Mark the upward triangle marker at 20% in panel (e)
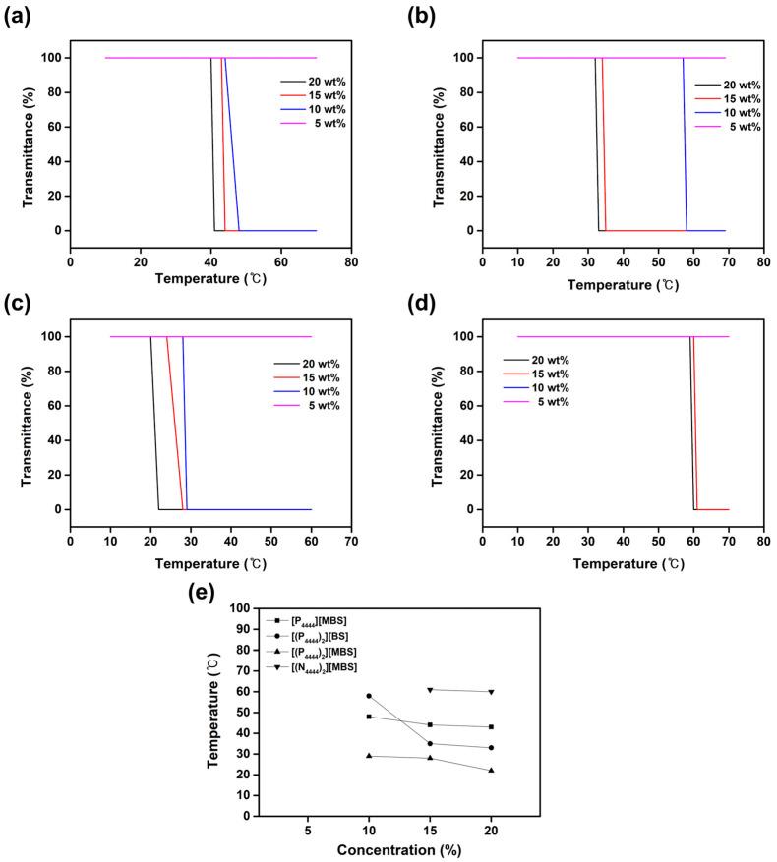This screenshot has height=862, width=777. (x=492, y=770)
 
